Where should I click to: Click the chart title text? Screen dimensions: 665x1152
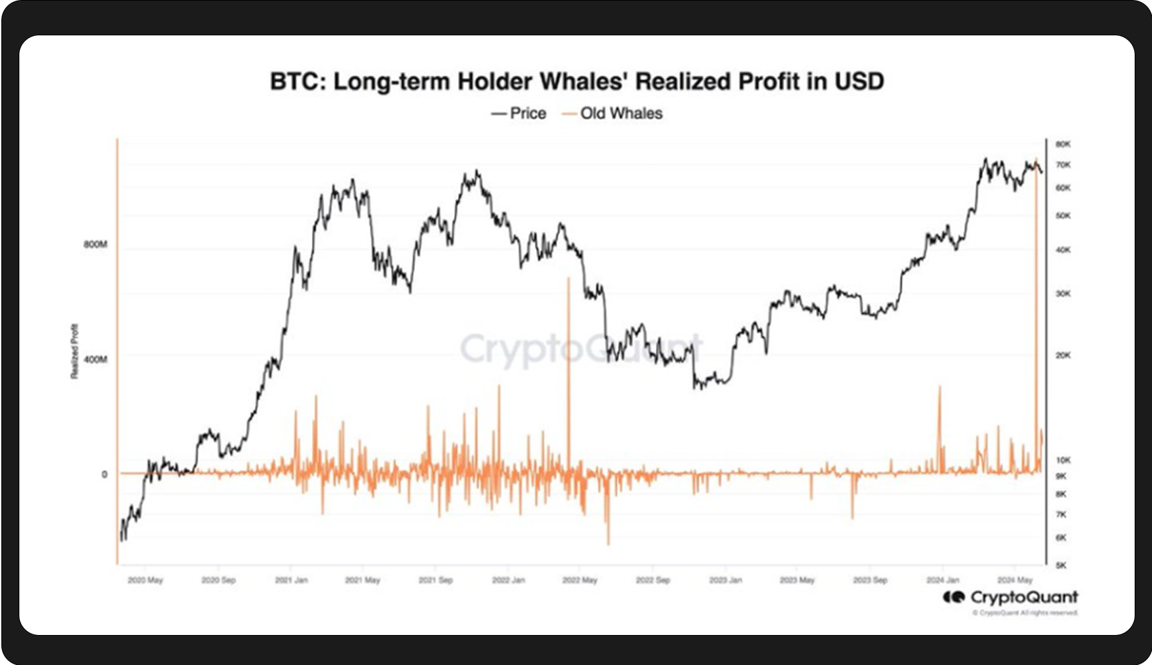pyautogui.click(x=577, y=81)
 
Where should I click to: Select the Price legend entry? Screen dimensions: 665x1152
pyautogui.click(x=519, y=113)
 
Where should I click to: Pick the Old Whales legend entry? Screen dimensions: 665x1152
pyautogui.click(x=613, y=113)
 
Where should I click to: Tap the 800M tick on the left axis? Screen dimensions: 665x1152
pyautogui.click(x=95, y=245)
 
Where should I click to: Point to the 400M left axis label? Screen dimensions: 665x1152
pyautogui.click(x=95, y=360)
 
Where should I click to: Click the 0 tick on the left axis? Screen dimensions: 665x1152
pyautogui.click(x=104, y=475)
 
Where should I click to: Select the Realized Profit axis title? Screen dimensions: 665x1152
pyautogui.click(x=74, y=352)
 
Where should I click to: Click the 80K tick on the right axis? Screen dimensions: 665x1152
pyautogui.click(x=1063, y=144)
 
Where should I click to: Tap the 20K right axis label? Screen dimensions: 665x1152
pyautogui.click(x=1063, y=356)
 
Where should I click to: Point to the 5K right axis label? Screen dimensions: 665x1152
pyautogui.click(x=1061, y=566)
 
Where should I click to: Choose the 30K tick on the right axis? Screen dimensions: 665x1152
pyautogui.click(x=1063, y=293)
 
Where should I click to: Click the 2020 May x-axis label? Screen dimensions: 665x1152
pyautogui.click(x=145, y=580)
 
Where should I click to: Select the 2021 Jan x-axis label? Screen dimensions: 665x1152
pyautogui.click(x=291, y=580)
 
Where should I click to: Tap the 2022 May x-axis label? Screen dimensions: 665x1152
pyautogui.click(x=579, y=580)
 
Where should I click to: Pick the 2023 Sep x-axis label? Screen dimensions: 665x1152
pyautogui.click(x=870, y=580)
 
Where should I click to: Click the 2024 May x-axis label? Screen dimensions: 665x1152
pyautogui.click(x=1015, y=580)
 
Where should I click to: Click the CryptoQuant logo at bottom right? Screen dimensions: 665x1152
pyautogui.click(x=1010, y=597)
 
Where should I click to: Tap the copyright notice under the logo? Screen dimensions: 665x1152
pyautogui.click(x=1025, y=613)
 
